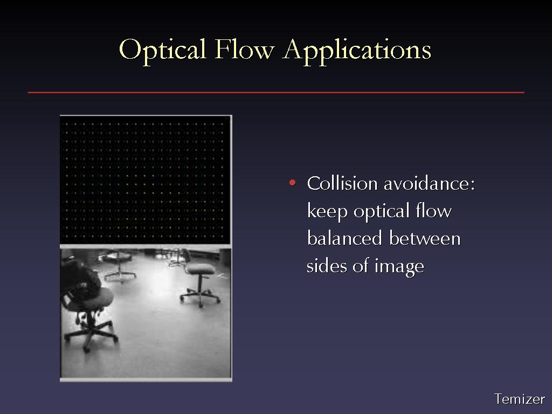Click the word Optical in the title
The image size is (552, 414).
tap(162, 50)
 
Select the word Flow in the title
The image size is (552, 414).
tap(244, 49)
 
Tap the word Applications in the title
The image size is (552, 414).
tap(357, 51)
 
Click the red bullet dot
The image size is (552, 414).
tap(292, 182)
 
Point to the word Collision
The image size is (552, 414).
tap(342, 183)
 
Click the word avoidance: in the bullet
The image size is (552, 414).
tap(429, 183)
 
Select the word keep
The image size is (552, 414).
tap(327, 212)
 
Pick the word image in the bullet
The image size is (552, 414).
tap(399, 266)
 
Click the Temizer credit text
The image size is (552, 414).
tap(520, 399)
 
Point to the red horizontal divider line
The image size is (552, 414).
tap(276, 93)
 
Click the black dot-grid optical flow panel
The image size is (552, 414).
tap(145, 180)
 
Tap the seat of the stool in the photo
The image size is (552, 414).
tap(201, 270)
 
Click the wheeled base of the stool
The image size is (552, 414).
tap(201, 298)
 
